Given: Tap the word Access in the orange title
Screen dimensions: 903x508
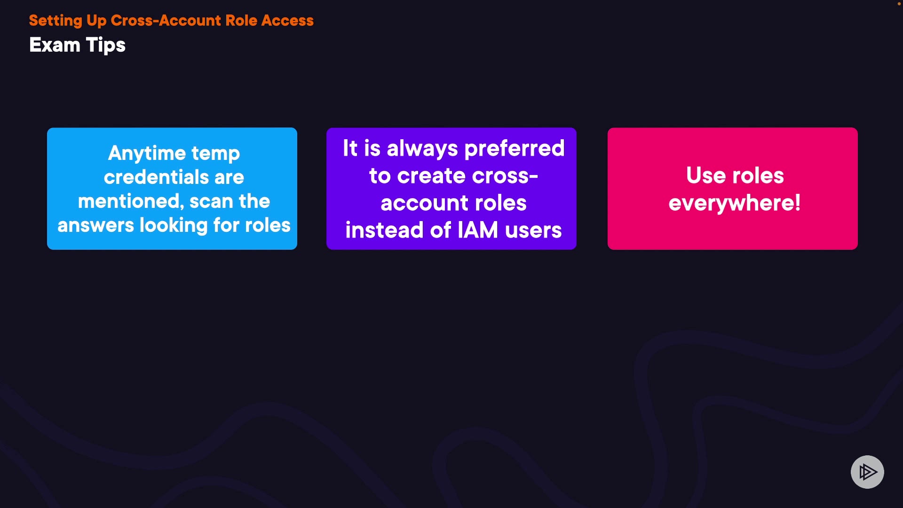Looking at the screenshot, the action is click(287, 21).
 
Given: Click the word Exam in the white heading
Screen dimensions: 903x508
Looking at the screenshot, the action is click(55, 45).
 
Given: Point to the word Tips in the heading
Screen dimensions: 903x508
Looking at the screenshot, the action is click(106, 45).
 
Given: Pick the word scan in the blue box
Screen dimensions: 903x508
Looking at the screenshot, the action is click(211, 201).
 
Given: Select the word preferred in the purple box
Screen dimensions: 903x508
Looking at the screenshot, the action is click(515, 149).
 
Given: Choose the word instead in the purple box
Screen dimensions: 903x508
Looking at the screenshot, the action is click(384, 230).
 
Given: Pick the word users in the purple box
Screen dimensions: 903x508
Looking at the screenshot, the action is click(533, 230).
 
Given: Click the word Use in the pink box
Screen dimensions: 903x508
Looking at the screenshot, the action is click(705, 175).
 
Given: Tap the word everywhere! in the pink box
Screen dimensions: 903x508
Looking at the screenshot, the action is click(734, 203).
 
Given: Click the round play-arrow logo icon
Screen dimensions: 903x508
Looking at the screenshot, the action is click(867, 472).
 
